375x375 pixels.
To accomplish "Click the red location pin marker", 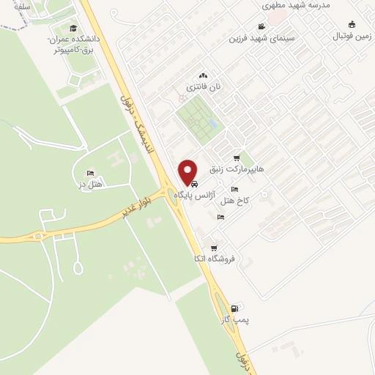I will (189, 171).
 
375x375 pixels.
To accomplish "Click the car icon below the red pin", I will (194, 184).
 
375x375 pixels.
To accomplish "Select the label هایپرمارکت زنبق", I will (237, 169).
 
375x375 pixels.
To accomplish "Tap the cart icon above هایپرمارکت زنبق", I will (236, 157).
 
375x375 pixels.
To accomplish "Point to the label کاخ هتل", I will (236, 200).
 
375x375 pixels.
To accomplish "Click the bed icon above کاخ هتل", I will (234, 189).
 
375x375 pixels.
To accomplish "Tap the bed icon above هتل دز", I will (91, 174).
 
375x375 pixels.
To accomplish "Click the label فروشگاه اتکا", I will (215, 259).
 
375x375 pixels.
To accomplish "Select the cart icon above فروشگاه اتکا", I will (213, 248).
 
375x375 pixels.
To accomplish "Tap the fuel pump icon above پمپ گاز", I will (234, 308).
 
